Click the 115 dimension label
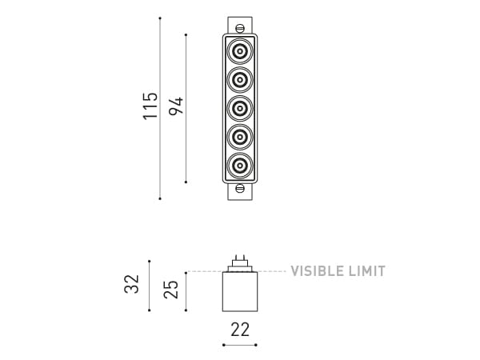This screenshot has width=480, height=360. pos(150,106)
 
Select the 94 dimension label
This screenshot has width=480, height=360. pos(176,106)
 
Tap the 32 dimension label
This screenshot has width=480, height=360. pos(133,284)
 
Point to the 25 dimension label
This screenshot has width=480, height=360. pos(171,290)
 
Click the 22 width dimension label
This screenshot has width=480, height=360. pos(239,329)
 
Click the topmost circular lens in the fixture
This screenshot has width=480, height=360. pos(240,54)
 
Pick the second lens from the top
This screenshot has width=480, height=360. pos(240,80)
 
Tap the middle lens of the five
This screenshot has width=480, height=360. pos(240,108)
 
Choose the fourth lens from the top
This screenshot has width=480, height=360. pos(240,136)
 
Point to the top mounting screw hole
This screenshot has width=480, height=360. pos(239,28)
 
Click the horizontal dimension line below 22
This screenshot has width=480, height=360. pos(239,345)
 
